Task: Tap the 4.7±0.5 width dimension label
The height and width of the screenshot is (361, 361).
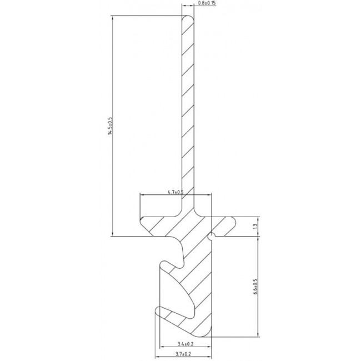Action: click(x=176, y=192)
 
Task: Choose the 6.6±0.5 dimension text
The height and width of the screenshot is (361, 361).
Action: click(x=255, y=287)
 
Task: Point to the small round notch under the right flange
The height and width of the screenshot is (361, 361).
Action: click(x=210, y=237)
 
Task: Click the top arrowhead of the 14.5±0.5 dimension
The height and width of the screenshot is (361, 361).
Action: click(x=113, y=18)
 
